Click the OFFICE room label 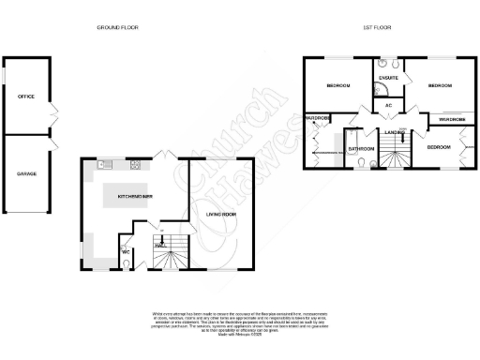point(25,96)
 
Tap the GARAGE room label point(25,173)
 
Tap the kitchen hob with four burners point(135,166)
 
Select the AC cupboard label point(388,106)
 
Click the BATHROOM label point(361,148)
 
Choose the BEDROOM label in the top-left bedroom point(338,85)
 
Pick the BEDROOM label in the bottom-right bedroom point(439,147)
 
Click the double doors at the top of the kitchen point(162,156)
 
